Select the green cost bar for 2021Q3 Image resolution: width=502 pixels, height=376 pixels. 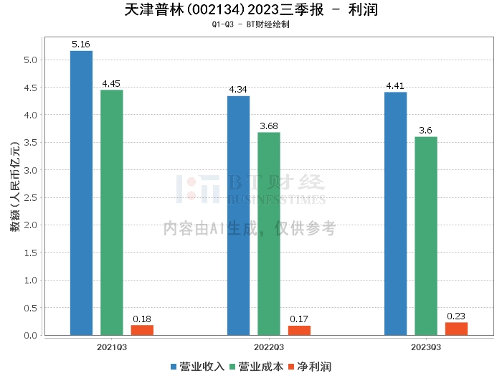pyautogui.click(x=111, y=212)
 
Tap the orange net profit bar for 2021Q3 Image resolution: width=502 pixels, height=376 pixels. pyautogui.click(x=142, y=330)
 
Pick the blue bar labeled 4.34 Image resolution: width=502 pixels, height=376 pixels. pyautogui.click(x=238, y=215)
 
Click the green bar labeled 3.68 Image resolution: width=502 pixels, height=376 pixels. pyautogui.click(x=269, y=233)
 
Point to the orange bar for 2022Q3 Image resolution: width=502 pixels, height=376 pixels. pyautogui.click(x=299, y=330)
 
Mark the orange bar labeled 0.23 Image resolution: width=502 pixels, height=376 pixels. pyautogui.click(x=456, y=329)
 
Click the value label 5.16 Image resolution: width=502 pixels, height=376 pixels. pyautogui.click(x=81, y=44)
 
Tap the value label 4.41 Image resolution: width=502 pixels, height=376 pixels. pyautogui.click(x=395, y=86)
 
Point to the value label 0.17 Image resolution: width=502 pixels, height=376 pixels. pyautogui.click(x=299, y=319)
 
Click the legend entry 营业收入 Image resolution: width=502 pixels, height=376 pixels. pyautogui.click(x=197, y=367)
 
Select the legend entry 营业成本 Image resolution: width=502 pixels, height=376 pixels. pyautogui.click(x=256, y=367)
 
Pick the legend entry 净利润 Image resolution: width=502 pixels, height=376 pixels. pyautogui.click(x=309, y=367)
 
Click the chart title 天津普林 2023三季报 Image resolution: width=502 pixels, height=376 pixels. pyautogui.click(x=251, y=10)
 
